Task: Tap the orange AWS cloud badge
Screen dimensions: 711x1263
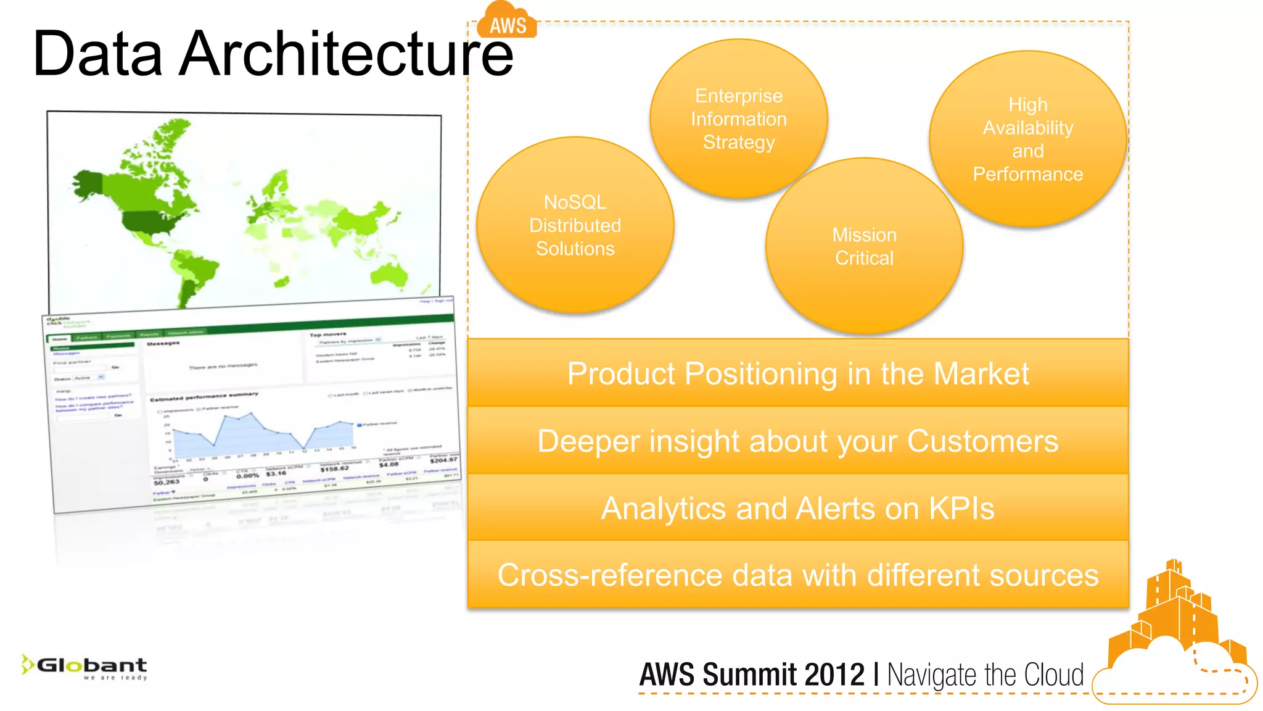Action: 508,23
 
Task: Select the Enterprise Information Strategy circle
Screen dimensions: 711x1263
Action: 738,118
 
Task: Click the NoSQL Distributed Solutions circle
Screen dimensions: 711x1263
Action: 575,225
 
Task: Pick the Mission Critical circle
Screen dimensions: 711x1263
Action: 864,246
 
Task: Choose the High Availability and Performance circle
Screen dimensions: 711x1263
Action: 1027,139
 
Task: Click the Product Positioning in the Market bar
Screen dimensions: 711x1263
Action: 798,373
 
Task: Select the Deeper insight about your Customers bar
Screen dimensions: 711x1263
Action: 798,441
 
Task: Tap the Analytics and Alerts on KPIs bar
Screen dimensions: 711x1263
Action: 798,508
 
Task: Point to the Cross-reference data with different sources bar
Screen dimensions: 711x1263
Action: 798,575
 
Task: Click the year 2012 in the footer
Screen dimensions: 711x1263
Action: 834,675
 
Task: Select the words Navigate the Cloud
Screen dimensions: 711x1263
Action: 985,675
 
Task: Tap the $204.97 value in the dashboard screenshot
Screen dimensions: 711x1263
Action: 443,460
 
